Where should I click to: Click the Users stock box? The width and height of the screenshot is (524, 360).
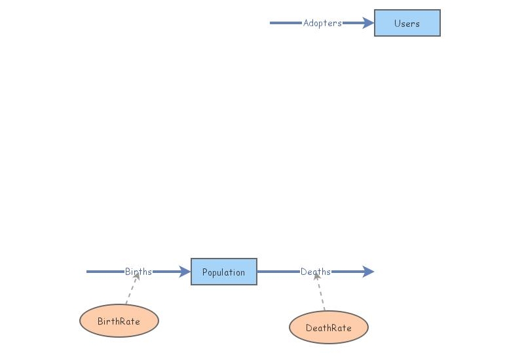(x=407, y=23)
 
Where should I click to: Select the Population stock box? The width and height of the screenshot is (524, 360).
(x=223, y=272)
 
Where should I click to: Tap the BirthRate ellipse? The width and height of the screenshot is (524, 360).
(x=119, y=321)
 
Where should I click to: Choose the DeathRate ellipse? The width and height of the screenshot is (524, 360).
(x=328, y=327)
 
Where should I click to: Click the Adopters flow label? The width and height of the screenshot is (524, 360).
(x=322, y=23)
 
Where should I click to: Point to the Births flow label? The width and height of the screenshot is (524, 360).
(x=138, y=272)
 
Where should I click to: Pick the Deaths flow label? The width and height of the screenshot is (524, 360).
(x=316, y=272)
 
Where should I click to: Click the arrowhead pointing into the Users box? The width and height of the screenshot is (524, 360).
(x=367, y=23)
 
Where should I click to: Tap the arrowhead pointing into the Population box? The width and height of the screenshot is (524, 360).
(x=184, y=272)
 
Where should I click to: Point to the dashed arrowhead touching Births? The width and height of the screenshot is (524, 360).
(x=137, y=278)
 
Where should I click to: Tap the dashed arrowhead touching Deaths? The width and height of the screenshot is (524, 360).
(x=316, y=278)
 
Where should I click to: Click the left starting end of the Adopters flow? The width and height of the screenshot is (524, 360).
(x=272, y=23)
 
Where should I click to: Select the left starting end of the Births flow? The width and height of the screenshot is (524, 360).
(x=88, y=272)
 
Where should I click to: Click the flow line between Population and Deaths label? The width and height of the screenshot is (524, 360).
(x=278, y=272)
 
